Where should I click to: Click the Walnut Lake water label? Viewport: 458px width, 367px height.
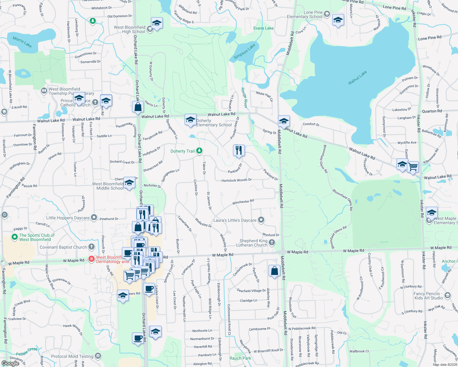coord(357,78)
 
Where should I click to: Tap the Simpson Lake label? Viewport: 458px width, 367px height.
coord(244,51)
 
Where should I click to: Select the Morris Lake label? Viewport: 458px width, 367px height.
coord(22,42)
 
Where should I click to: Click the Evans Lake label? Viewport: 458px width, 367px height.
coord(263,28)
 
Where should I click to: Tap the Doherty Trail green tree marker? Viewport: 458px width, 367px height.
coord(199,150)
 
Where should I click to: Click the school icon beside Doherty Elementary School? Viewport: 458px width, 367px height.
coord(190,120)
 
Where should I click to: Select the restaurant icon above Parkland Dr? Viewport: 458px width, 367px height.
coord(239,150)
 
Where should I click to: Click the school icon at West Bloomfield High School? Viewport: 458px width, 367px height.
coord(157,23)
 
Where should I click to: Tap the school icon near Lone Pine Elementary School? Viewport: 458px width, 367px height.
coord(338,20)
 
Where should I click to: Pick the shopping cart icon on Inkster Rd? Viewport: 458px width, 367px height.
coord(413,167)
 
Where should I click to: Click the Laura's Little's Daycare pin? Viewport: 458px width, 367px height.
coord(261,220)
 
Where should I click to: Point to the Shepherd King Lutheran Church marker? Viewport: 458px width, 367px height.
coord(272,243)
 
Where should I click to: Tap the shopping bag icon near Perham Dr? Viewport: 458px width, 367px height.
coord(275,271)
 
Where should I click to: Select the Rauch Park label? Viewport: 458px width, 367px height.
coord(240,358)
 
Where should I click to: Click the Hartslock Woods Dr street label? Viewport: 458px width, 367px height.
coord(236,180)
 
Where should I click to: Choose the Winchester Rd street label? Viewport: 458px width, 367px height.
coord(243,202)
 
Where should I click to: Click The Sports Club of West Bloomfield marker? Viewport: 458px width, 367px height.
coord(14,237)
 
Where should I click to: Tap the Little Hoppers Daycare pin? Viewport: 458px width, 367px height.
coord(94,218)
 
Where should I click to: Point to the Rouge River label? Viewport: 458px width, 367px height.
coord(244,98)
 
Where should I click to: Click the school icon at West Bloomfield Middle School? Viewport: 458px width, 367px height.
coord(129,183)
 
